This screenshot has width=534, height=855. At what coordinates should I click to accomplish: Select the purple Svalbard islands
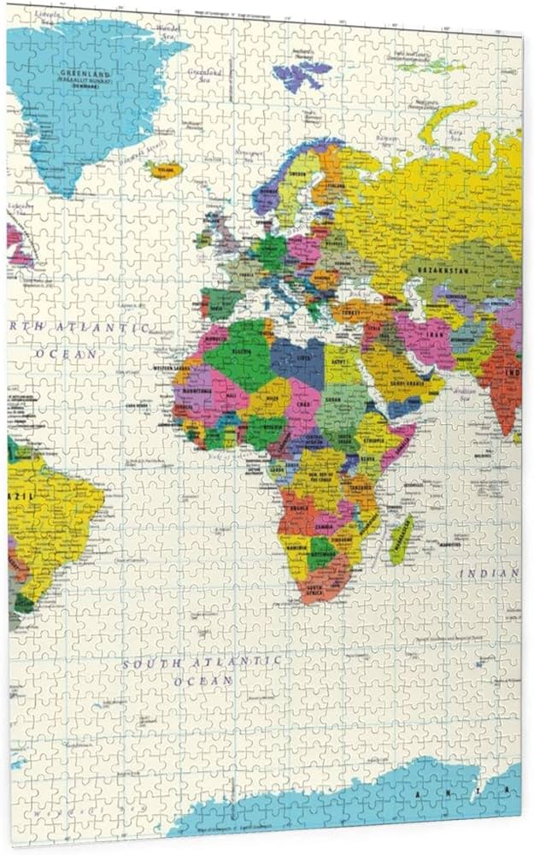301,74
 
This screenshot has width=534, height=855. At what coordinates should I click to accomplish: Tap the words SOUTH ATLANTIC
201,663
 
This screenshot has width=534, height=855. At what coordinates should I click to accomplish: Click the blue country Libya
300,358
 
